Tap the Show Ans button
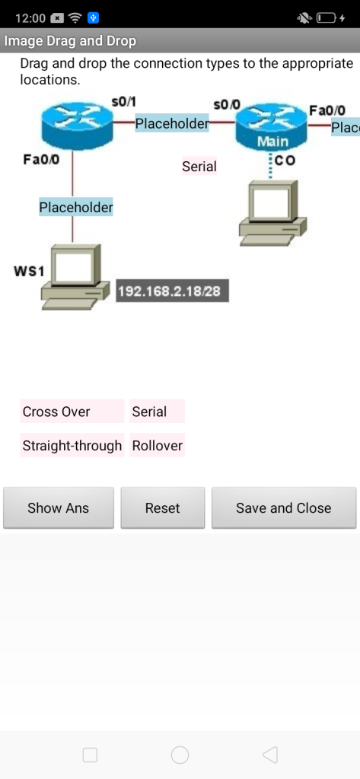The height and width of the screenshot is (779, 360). click(58, 507)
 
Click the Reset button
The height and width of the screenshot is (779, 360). click(163, 507)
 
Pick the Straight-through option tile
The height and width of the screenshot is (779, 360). click(72, 445)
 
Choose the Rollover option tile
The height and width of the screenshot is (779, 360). click(157, 445)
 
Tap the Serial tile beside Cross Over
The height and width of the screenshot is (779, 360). click(157, 412)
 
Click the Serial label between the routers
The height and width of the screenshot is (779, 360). click(199, 167)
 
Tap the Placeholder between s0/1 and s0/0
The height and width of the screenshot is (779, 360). click(172, 123)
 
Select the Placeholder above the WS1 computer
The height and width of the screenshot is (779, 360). click(76, 207)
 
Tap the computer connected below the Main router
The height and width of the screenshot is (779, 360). click(273, 213)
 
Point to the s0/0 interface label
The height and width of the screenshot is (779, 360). click(227, 105)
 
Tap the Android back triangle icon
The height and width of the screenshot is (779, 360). click(269, 755)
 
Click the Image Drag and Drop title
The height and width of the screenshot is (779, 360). click(70, 41)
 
